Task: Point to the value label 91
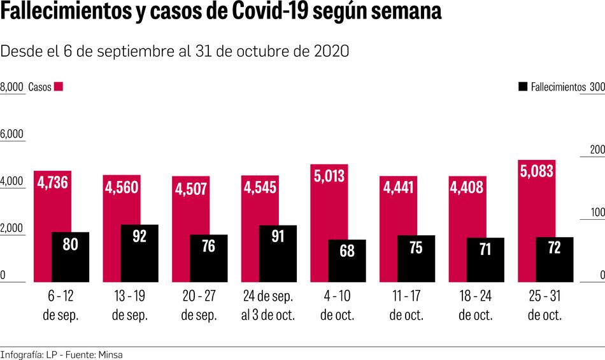pos(278,236)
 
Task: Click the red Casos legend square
pos(59,87)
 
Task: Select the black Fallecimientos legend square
pos(523,87)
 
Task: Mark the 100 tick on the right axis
pos(596,213)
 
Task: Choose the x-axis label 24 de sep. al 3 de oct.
pos(268,306)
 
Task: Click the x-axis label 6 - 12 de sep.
pos(60,306)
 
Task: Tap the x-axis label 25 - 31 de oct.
pos(545,306)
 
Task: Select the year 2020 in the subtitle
pos(332,52)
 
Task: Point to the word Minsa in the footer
pos(110,354)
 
